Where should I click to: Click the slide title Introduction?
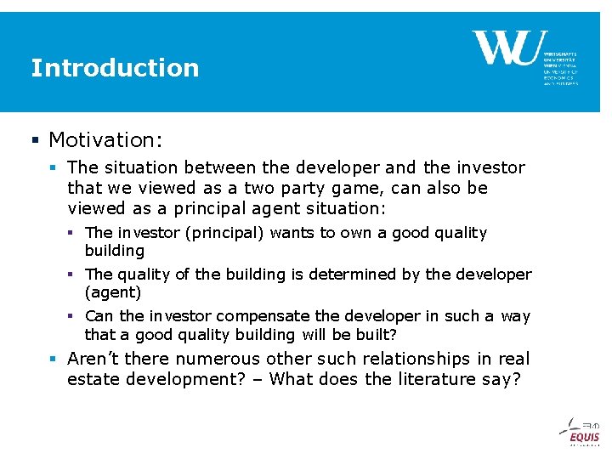click(x=115, y=68)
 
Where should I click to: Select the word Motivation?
click(x=103, y=139)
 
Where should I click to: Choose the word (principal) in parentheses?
click(x=224, y=233)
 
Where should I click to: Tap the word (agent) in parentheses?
click(x=113, y=292)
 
